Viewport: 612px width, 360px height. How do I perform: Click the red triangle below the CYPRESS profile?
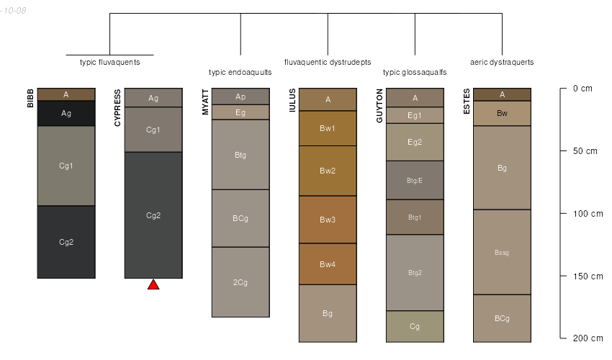coord(153,284)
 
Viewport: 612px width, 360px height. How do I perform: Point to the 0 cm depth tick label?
coord(582,89)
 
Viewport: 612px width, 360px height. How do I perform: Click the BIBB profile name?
coord(30,98)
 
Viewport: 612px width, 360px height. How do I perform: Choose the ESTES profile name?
coord(467,101)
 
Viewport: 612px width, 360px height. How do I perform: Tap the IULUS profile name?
coord(292,101)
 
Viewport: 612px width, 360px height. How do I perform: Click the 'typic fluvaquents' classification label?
coord(109,62)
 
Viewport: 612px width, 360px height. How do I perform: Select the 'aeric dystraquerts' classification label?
coord(502,62)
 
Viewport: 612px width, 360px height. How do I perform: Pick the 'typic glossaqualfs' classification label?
coord(415,72)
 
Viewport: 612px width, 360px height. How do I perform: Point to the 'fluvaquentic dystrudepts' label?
coord(328,62)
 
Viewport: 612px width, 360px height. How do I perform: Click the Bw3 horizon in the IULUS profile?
coord(328,220)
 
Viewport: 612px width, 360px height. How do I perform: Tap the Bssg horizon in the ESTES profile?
coord(502,252)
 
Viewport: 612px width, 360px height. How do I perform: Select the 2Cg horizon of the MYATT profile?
coord(240,282)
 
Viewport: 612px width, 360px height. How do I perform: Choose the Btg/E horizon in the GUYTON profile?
coord(415,180)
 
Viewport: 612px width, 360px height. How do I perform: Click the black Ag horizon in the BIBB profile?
coord(66,113)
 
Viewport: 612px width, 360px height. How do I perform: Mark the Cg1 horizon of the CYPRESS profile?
coord(153,130)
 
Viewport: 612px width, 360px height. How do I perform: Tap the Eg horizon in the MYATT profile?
coord(240,112)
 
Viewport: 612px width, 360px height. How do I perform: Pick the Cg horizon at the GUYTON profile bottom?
coord(415,326)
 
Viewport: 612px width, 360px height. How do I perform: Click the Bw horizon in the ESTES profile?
coord(502,113)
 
